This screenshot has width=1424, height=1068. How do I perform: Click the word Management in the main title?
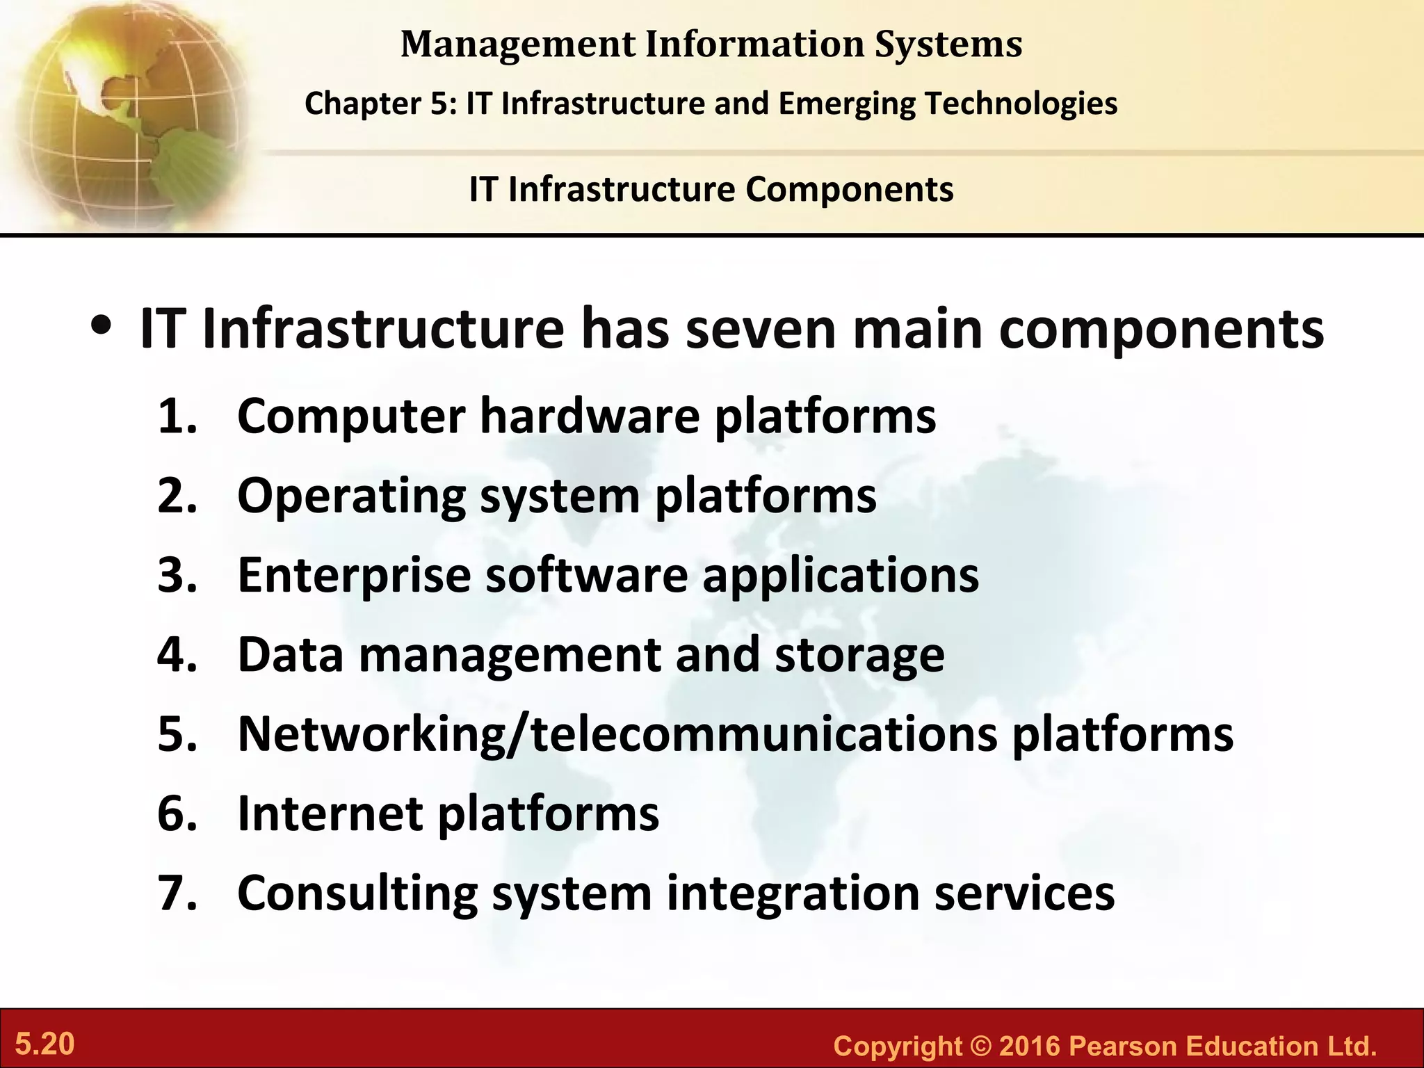[518, 44]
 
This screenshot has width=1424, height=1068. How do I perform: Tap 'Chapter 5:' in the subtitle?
[380, 104]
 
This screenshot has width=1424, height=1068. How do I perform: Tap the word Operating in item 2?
[351, 496]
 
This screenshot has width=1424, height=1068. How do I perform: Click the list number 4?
[176, 654]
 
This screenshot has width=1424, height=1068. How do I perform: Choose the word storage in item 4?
[859, 656]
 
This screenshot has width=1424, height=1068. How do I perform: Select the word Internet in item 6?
[330, 813]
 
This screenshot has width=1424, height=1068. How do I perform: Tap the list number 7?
[176, 893]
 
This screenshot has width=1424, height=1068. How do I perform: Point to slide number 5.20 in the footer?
[45, 1044]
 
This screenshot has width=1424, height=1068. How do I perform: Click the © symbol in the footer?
[980, 1046]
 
